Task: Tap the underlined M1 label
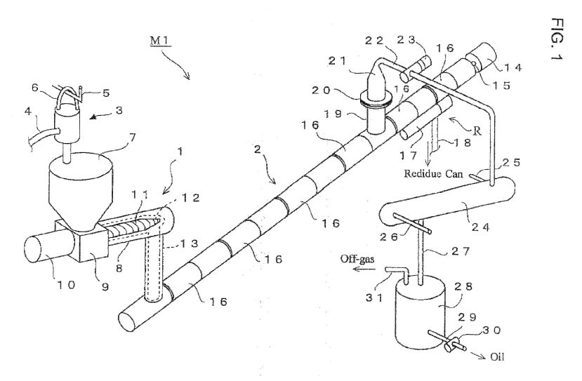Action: click(160, 41)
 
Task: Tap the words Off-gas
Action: click(357, 259)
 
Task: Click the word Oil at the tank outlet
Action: click(497, 357)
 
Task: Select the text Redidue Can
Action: click(433, 173)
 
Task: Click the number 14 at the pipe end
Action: click(513, 67)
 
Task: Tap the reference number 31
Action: click(375, 298)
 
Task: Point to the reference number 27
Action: click(461, 251)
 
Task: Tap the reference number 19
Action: click(332, 114)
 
